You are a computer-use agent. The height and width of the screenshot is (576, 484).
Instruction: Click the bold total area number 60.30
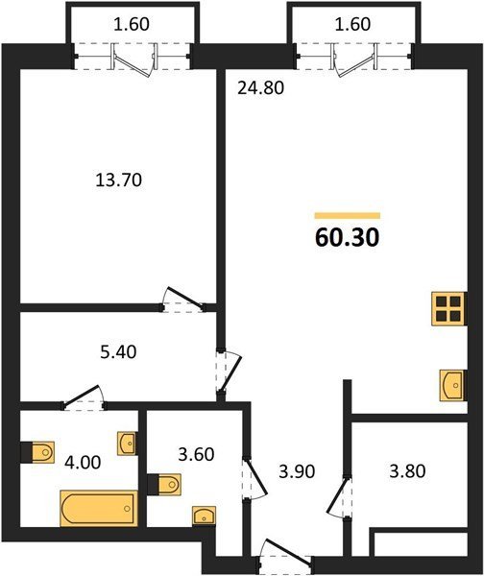tap(347, 238)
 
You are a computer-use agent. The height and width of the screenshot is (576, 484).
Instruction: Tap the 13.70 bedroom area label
tap(118, 180)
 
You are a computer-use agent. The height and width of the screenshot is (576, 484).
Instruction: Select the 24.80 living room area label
tap(260, 88)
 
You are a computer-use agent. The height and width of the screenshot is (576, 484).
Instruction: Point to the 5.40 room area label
tap(118, 352)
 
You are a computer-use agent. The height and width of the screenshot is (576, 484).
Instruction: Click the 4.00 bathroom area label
tap(83, 462)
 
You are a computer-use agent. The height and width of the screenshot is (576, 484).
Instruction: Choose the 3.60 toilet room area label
tap(196, 454)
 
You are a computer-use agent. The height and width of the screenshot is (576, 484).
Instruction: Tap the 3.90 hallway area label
tap(297, 471)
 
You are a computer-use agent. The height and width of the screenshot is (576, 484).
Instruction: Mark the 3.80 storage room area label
tap(407, 471)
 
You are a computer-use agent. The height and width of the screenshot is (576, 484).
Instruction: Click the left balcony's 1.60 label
tap(132, 24)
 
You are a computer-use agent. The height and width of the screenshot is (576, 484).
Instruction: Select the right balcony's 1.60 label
tap(352, 24)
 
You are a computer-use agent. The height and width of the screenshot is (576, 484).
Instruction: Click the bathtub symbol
tap(99, 509)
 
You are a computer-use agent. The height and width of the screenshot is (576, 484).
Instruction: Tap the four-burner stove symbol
tap(449, 308)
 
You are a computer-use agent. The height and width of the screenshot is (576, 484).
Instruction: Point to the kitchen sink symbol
tap(453, 385)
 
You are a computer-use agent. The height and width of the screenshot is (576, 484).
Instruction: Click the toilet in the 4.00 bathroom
tap(37, 452)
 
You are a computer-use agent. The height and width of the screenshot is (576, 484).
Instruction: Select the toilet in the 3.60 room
tap(164, 485)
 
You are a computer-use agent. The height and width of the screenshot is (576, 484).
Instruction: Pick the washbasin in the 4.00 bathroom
tap(127, 444)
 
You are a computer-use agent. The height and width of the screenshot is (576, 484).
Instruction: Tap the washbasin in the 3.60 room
tap(204, 516)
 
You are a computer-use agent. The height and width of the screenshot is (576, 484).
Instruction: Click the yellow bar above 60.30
tap(348, 216)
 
